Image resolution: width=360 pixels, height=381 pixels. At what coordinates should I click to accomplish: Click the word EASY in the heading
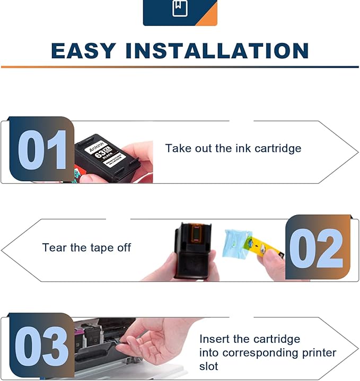pos(83,51)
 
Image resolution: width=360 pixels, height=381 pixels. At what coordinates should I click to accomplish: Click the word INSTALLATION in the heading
pos(217,51)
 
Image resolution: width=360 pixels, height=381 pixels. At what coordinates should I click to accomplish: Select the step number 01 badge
pos(41,149)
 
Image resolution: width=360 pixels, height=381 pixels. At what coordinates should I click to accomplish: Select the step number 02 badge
pos(319,247)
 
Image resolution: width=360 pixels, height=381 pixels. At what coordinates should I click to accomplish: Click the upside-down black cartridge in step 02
pos(193,249)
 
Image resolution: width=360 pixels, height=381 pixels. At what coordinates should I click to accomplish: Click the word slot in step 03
pos(209,366)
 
